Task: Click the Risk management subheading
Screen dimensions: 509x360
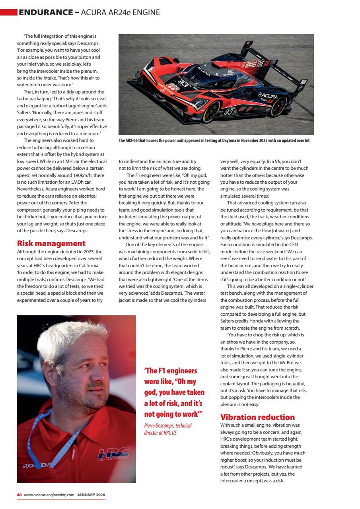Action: [51, 243]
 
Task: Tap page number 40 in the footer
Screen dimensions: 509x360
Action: [19, 495]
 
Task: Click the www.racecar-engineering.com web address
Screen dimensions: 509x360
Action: [49, 495]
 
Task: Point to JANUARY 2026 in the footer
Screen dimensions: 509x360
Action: [91, 495]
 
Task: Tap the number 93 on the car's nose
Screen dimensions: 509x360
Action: [182, 84]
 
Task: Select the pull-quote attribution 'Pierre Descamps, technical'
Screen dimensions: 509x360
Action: [167, 425]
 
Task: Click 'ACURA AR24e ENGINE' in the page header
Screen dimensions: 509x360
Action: [120, 13]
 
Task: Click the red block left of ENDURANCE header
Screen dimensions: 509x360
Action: [8, 13]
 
